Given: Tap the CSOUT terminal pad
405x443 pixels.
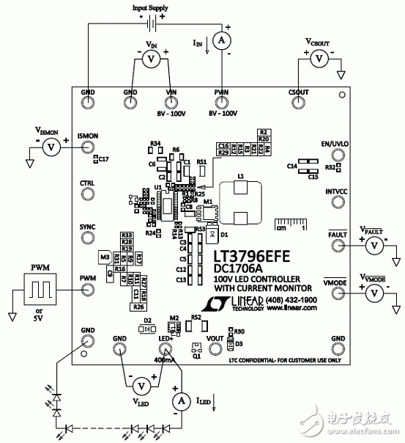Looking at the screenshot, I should pyautogui.click(x=296, y=103).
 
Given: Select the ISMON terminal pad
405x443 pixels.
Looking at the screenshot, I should pyautogui.click(x=87, y=147).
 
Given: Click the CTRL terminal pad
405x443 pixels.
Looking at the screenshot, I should pyautogui.click(x=87, y=194).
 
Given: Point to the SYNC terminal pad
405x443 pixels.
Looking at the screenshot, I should pyautogui.click(x=87, y=240).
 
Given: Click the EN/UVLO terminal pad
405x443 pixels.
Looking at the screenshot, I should pyautogui.click(x=338, y=155).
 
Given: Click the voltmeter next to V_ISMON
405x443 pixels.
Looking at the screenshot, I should pyautogui.click(x=51, y=147).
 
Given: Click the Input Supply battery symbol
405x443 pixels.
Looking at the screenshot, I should pyautogui.click(x=149, y=23).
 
